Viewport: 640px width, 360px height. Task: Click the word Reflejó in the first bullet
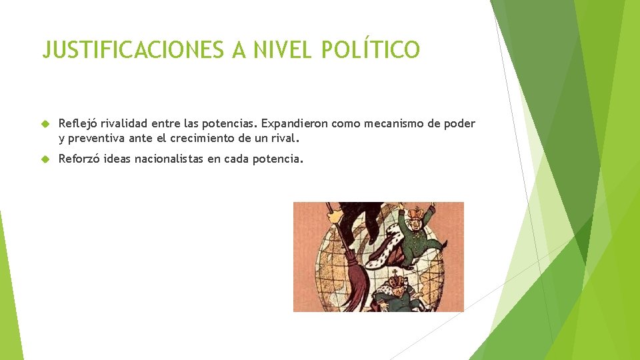(x=78, y=123)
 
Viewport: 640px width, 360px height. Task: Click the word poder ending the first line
(x=461, y=123)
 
